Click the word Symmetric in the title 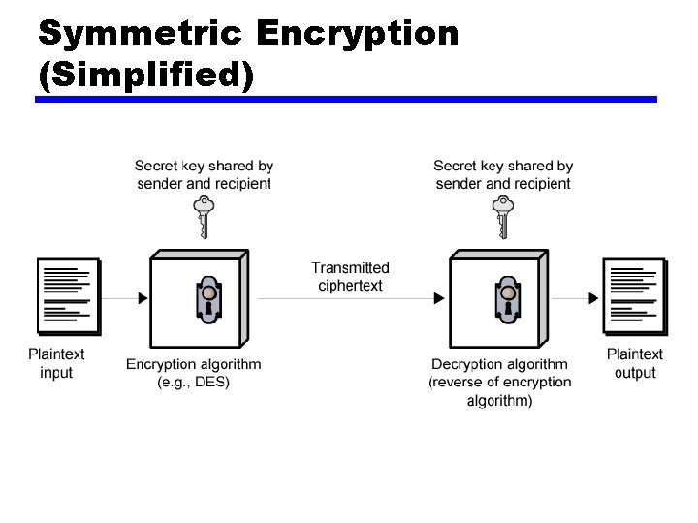[141, 34]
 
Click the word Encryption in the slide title [358, 34]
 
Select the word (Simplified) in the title [145, 75]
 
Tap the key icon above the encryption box [203, 215]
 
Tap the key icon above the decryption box [502, 215]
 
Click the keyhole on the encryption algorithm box [206, 299]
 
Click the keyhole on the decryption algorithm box [505, 299]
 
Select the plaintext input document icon [68, 295]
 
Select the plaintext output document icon [634, 295]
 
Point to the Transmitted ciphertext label [350, 276]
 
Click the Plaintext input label [56, 363]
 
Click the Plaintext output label [635, 363]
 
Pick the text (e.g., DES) [194, 382]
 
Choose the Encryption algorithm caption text [194, 364]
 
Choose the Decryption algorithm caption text [500, 364]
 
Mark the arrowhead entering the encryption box [143, 299]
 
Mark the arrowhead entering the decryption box [442, 299]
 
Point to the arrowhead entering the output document [594, 299]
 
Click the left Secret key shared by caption [204, 167]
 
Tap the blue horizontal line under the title [346, 99]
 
